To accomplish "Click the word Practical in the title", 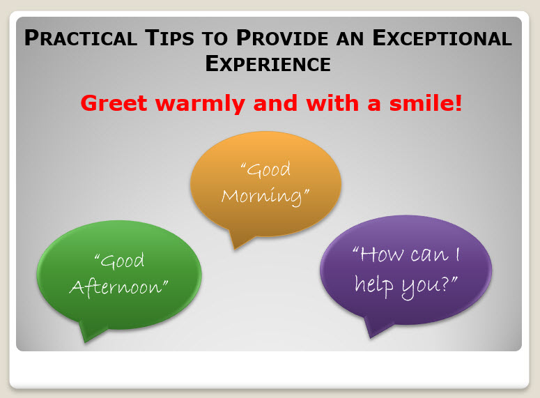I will click(x=79, y=38).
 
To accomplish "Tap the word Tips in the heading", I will click(x=182, y=38).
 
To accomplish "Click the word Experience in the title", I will click(x=268, y=63).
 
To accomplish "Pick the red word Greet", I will click(x=115, y=104).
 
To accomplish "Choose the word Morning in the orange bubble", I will click(x=265, y=195).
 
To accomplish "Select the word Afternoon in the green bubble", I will click(x=118, y=286).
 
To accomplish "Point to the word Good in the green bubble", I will click(x=119, y=261).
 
